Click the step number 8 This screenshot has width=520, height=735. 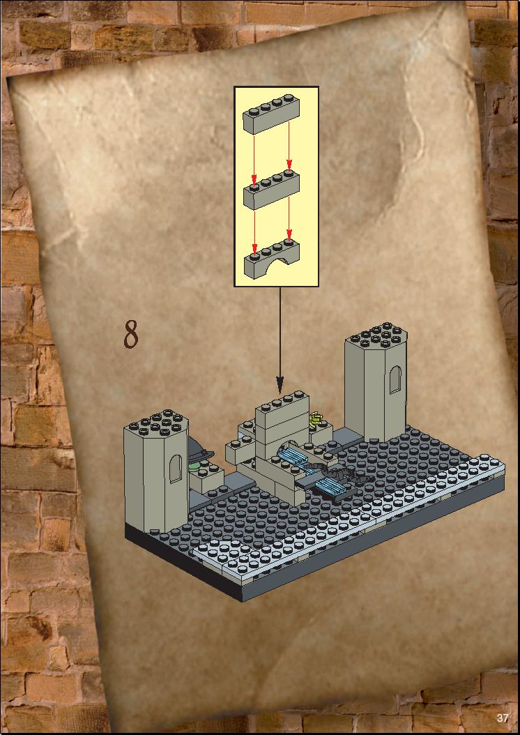(131, 334)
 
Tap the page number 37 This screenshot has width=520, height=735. (503, 718)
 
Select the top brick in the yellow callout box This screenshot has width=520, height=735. (270, 113)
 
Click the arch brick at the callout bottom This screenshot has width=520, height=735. (271, 259)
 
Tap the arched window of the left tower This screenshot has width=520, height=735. (175, 469)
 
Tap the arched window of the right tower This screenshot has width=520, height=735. (395, 379)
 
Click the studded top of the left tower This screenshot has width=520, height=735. (157, 423)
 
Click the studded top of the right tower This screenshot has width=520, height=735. (376, 335)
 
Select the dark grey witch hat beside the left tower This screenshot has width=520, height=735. (199, 448)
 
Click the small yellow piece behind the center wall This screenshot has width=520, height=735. (317, 418)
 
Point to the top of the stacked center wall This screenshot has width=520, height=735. (282, 402)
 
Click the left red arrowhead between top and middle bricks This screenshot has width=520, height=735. (254, 181)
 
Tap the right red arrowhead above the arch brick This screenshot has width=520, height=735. (289, 235)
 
